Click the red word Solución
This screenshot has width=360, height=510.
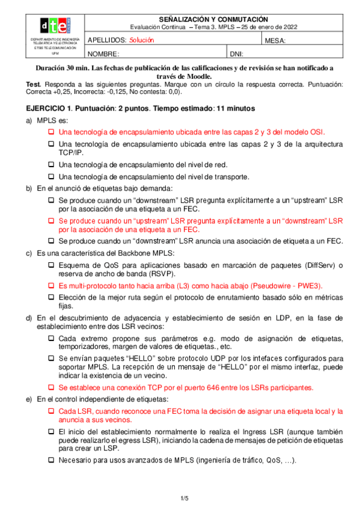click(142, 40)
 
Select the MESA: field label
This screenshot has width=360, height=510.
click(275, 41)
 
